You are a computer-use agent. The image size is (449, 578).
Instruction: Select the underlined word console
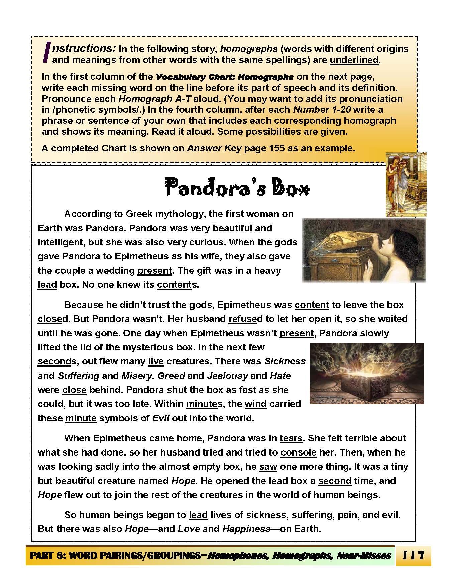click(x=298, y=452)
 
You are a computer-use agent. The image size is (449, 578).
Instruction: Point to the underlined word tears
click(x=291, y=438)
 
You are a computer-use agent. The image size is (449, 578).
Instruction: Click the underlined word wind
click(x=255, y=404)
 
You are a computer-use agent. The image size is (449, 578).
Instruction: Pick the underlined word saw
click(x=268, y=467)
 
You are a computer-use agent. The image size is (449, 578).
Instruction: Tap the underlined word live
click(x=156, y=361)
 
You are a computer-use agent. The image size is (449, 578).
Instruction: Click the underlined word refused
click(x=243, y=319)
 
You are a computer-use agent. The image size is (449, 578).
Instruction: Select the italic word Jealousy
click(x=227, y=376)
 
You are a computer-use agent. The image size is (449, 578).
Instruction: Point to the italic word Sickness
click(x=285, y=361)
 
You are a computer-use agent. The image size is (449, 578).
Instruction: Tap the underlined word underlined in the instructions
click(x=354, y=60)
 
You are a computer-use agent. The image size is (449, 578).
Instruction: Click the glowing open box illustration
click(x=367, y=373)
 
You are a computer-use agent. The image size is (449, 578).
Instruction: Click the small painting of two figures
click(x=406, y=184)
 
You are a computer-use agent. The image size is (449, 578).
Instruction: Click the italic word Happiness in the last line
click(x=246, y=529)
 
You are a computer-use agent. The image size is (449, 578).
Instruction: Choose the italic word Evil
click(x=161, y=418)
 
